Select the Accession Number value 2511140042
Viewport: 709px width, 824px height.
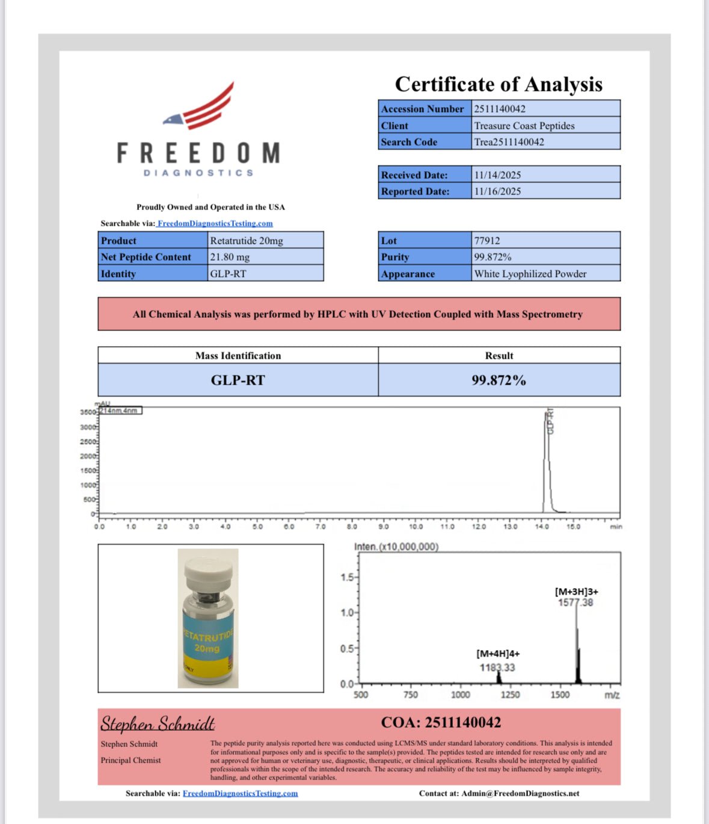[500, 109]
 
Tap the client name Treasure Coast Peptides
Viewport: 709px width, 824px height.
[524, 126]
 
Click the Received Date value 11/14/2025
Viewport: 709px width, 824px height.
[497, 175]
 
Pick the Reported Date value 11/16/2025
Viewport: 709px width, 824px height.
[497, 191]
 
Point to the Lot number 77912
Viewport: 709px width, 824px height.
[487, 241]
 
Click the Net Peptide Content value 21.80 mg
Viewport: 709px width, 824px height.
[230, 257]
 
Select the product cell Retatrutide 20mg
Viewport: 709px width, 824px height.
[247, 241]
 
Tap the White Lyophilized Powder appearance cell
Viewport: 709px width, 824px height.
[530, 274]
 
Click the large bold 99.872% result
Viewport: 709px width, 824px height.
[499, 380]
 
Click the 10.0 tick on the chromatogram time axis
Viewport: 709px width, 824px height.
[416, 527]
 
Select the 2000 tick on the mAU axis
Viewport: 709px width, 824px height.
[88, 456]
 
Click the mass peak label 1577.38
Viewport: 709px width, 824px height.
[575, 603]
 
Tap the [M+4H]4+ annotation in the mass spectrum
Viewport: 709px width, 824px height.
[498, 654]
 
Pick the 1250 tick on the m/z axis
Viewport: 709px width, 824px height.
[510, 695]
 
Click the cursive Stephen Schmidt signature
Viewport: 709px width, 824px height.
[158, 723]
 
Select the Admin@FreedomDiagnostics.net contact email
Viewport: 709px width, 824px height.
[520, 793]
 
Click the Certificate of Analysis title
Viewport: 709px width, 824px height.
[499, 84]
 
